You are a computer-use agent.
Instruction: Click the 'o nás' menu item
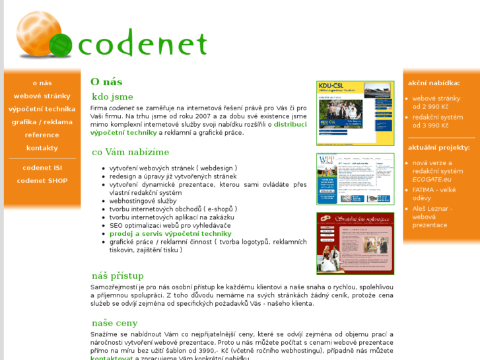(x=42, y=83)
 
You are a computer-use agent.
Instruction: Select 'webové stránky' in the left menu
(x=42, y=96)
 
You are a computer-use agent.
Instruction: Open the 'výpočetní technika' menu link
(x=42, y=109)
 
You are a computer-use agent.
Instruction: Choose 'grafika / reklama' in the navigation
(x=42, y=122)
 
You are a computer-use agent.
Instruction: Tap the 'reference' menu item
(x=42, y=135)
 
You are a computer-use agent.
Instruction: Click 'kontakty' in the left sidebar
(x=42, y=148)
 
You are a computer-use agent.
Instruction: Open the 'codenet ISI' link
(x=42, y=168)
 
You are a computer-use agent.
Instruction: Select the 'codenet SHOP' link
(x=42, y=180)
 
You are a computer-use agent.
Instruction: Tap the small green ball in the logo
(x=61, y=44)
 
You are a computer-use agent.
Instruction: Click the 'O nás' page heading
(x=106, y=82)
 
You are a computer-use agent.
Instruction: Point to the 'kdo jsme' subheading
(x=112, y=97)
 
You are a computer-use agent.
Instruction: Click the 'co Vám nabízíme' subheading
(x=130, y=152)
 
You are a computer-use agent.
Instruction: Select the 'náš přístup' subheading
(x=118, y=275)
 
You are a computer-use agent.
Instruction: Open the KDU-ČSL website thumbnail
(x=355, y=113)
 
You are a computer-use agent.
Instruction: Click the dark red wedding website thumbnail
(x=355, y=243)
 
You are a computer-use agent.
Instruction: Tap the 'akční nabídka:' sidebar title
(x=434, y=83)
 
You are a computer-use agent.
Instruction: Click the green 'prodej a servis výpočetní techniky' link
(x=170, y=233)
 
